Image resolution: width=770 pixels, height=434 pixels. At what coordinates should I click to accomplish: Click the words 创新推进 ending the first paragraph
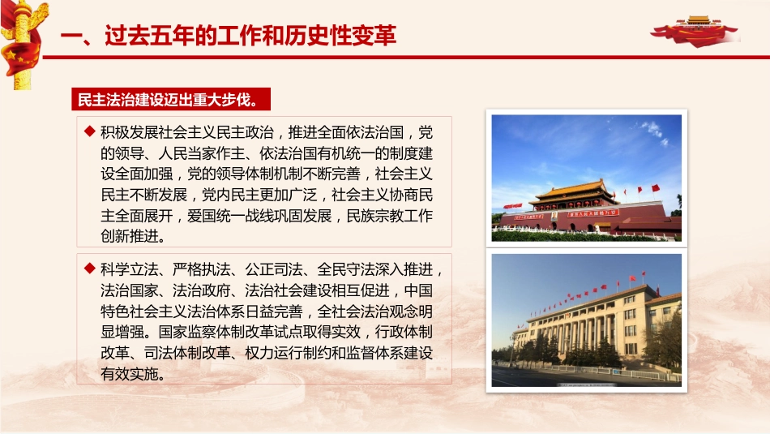[x=130, y=237]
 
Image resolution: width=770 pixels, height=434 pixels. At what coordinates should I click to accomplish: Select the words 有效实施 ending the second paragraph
[x=130, y=375]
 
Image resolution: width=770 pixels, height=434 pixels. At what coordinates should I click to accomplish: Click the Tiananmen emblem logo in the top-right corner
[x=698, y=28]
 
